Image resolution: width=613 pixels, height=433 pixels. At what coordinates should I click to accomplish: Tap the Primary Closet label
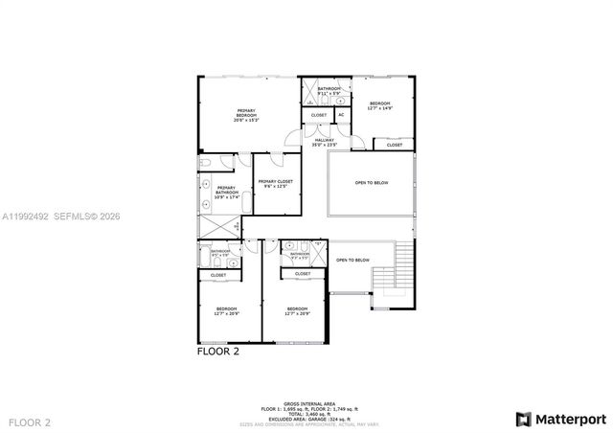pyautogui.click(x=274, y=183)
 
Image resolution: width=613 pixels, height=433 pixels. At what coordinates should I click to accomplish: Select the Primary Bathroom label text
pyautogui.click(x=226, y=193)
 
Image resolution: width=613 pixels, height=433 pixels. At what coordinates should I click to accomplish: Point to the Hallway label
pyautogui.click(x=325, y=143)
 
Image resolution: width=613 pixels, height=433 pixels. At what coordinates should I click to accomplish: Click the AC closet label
pyautogui.click(x=341, y=115)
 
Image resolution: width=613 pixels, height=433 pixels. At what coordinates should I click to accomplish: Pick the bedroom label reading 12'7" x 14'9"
pyautogui.click(x=380, y=105)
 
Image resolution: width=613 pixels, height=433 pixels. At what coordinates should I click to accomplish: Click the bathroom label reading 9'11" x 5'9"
pyautogui.click(x=329, y=91)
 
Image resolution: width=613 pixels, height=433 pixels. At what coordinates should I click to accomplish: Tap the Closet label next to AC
pyautogui.click(x=318, y=115)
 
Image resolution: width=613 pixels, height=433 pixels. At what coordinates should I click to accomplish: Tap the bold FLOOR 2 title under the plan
pyautogui.click(x=217, y=352)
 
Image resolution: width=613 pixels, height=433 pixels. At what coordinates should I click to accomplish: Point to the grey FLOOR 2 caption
pyautogui.click(x=30, y=422)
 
